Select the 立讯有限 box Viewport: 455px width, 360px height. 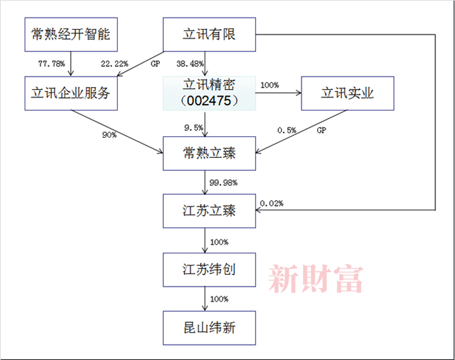[x=209, y=34]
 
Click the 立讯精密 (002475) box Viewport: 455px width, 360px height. [x=209, y=93]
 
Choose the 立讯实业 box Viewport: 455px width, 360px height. [x=348, y=93]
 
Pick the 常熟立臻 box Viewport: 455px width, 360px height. [x=209, y=154]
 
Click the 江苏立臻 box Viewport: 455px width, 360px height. [x=209, y=211]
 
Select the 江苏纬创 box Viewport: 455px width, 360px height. [x=209, y=268]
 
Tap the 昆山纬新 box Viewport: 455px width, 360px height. [x=209, y=327]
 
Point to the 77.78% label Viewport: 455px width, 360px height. [x=50, y=64]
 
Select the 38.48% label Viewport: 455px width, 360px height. [x=190, y=64]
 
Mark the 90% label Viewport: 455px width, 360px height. [x=109, y=135]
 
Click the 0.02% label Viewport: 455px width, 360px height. [x=272, y=203]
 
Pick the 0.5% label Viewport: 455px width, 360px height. [x=287, y=130]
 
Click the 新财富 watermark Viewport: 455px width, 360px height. [x=316, y=278]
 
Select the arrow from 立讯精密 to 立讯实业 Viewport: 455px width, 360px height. [x=278, y=93]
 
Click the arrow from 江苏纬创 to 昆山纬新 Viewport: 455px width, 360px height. [x=205, y=298]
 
